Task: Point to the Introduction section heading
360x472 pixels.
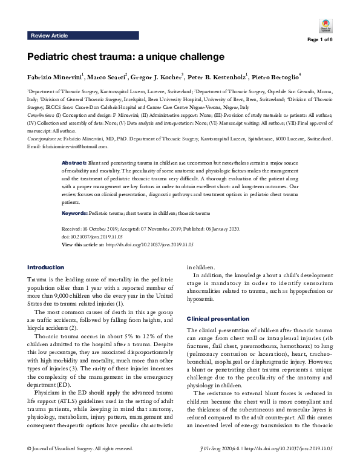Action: (x=46, y=267)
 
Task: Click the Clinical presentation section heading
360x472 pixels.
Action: (x=214, y=318)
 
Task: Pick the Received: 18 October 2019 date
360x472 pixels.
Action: (x=91, y=229)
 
